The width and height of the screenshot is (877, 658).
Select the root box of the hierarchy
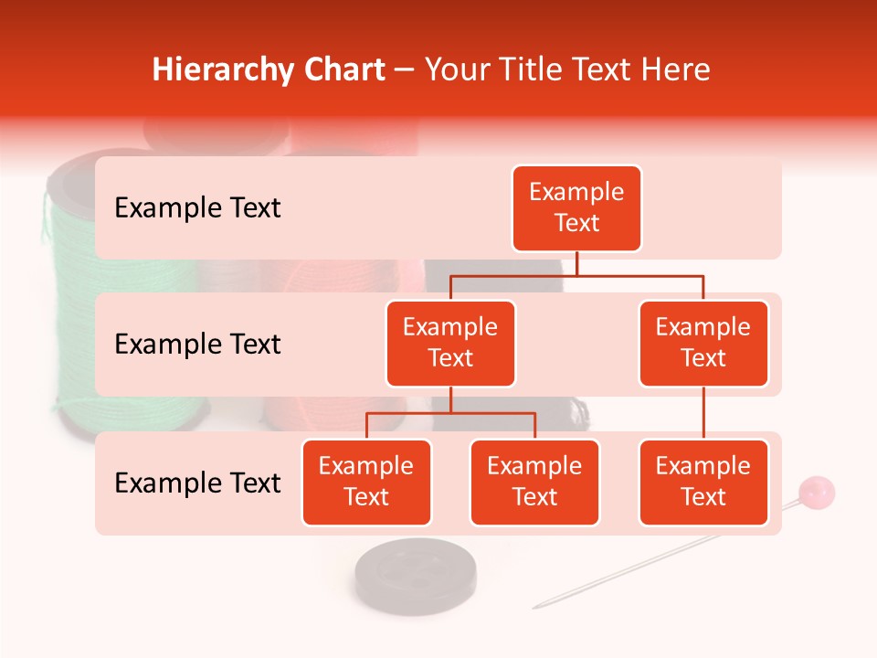576,208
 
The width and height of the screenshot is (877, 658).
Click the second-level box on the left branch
450,344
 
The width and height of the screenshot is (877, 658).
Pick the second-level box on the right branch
703,344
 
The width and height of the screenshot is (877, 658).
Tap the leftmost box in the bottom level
366,483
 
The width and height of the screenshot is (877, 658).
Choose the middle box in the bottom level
534,483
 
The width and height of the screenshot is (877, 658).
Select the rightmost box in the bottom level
703,483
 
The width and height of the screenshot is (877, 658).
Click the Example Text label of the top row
197,208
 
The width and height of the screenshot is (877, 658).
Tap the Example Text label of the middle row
197,345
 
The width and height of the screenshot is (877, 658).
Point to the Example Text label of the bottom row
197,483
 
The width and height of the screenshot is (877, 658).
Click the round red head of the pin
816,493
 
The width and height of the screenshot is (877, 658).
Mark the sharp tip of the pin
535,607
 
